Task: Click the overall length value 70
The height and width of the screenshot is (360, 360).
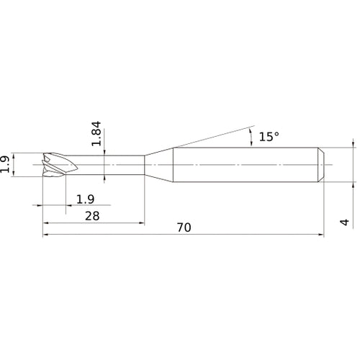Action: [x=184, y=228]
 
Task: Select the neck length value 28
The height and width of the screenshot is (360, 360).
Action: [x=92, y=216]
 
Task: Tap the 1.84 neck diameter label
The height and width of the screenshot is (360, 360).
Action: [x=96, y=133]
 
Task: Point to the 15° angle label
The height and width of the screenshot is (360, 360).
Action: [x=269, y=137]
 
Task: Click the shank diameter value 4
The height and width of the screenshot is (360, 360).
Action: [x=345, y=222]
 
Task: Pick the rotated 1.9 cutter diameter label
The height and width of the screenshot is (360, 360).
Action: [x=5, y=164]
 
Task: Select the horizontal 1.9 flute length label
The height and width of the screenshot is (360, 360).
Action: [x=85, y=199]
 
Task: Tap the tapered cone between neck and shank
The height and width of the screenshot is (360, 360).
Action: [x=158, y=165]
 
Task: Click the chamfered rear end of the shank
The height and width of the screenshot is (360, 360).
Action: [x=321, y=165]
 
